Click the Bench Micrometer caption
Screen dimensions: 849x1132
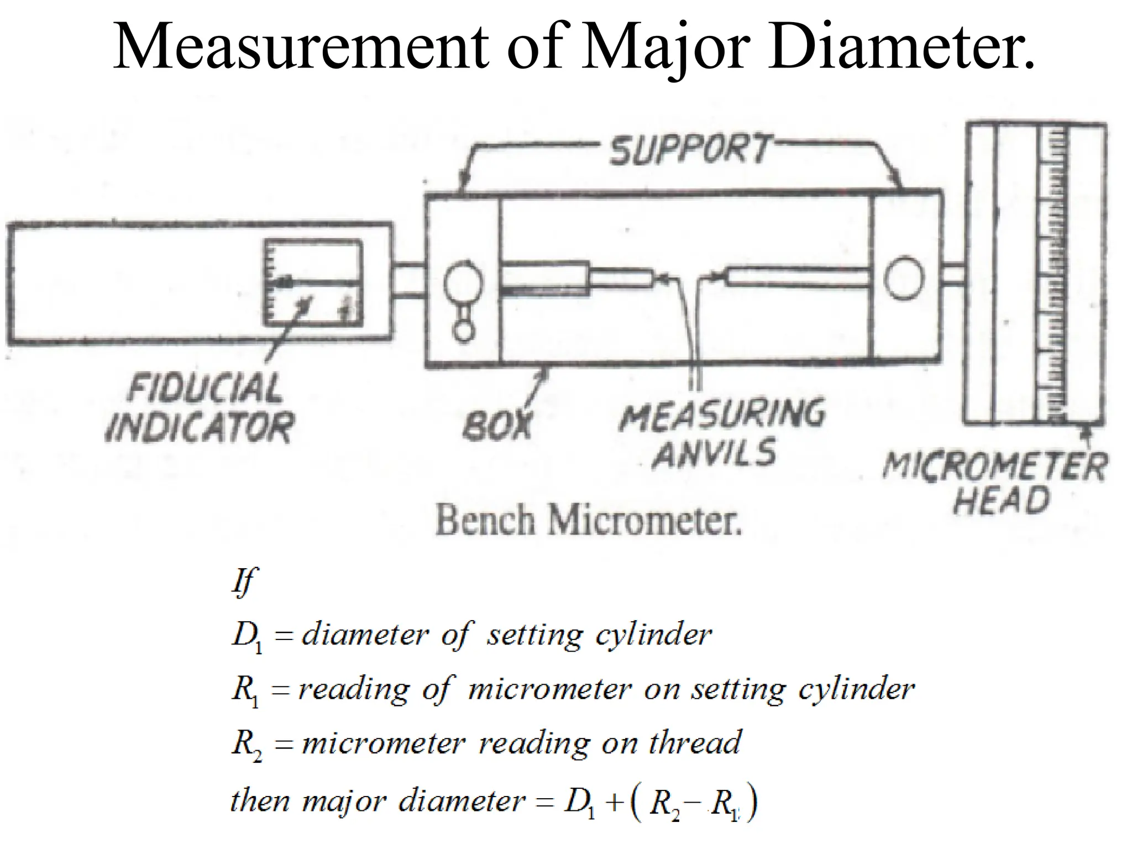[588, 521]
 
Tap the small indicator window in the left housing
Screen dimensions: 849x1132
[313, 282]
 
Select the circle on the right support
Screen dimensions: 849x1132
[903, 277]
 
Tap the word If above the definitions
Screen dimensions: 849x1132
[243, 580]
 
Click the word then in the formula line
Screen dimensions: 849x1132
[260, 800]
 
